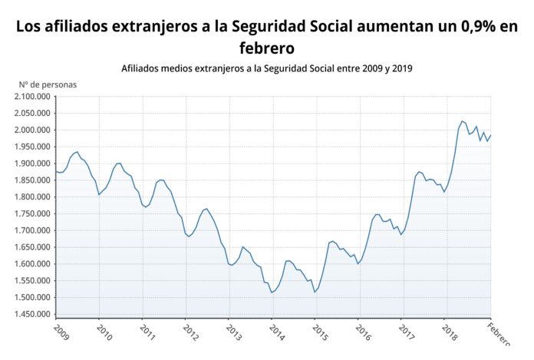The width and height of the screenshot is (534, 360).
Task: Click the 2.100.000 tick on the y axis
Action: (32, 97)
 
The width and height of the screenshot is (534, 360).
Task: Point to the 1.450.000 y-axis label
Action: (32, 315)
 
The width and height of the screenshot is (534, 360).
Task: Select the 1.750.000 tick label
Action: (32, 214)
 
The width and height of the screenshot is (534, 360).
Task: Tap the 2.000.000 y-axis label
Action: (32, 130)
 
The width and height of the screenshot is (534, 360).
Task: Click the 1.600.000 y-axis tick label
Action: (32, 264)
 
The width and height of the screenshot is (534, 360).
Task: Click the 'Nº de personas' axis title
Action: (48, 84)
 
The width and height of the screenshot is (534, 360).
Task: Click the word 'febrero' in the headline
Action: (266, 48)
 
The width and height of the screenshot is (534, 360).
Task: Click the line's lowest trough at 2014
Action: (272, 292)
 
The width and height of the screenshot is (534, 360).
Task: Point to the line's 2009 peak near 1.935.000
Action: (77, 152)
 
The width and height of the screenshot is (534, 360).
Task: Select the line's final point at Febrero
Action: (491, 136)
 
